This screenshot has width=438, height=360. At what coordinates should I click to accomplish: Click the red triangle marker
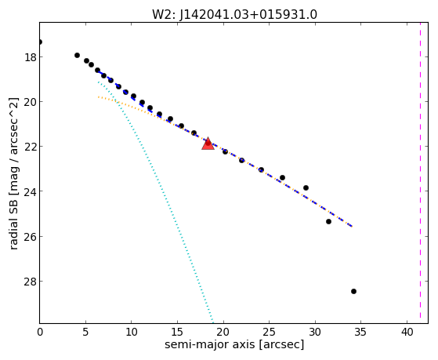[208, 144]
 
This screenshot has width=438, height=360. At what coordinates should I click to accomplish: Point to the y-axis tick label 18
[30, 57]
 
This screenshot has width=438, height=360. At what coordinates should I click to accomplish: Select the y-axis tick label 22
[30, 147]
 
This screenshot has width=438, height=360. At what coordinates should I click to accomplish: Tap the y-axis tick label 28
[30, 281]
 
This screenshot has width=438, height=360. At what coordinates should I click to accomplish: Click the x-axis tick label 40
[407, 332]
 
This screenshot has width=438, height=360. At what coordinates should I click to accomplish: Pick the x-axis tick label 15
[177, 332]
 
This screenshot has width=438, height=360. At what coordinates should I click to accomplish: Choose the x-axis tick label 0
[40, 332]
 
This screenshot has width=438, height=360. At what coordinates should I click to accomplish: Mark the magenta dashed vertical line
[420, 173]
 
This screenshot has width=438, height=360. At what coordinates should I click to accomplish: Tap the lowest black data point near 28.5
[353, 291]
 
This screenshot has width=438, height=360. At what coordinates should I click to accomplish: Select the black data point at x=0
[40, 42]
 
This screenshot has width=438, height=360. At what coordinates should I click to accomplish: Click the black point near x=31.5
[328, 221]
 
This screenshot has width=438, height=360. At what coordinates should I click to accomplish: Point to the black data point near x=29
[306, 187]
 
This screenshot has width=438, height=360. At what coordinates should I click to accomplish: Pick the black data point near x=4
[77, 55]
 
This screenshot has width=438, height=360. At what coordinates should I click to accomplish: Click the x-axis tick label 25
[270, 332]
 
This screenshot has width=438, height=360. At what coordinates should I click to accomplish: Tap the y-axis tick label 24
[30, 191]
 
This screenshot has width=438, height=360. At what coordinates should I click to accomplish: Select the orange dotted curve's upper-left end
[98, 96]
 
